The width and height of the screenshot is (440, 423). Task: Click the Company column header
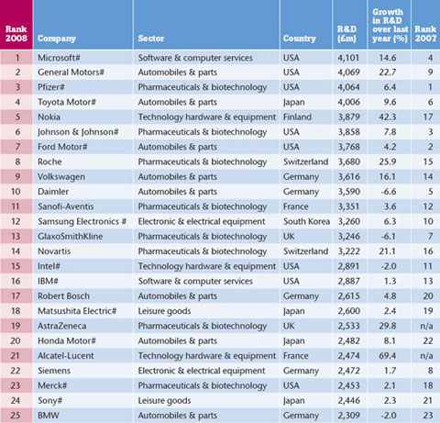(x=57, y=39)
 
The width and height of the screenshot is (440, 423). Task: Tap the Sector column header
(x=151, y=39)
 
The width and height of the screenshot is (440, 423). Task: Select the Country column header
(x=300, y=39)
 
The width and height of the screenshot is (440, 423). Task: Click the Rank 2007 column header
(x=425, y=34)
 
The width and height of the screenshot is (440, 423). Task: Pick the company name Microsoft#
(x=59, y=58)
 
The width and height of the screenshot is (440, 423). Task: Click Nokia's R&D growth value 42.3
(x=388, y=117)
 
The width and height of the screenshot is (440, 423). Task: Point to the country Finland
(x=297, y=117)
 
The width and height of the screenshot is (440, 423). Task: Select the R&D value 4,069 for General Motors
(x=348, y=72)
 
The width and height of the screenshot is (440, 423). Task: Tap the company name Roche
(x=49, y=161)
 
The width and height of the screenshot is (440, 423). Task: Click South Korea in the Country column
(x=306, y=221)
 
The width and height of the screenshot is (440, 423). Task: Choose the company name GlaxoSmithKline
(x=71, y=236)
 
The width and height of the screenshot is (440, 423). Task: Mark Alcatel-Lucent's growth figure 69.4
(x=388, y=356)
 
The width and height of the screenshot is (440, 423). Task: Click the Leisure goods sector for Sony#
(x=164, y=400)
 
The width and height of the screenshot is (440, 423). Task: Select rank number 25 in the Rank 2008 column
(x=16, y=415)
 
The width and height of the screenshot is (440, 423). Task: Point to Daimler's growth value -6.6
(x=389, y=192)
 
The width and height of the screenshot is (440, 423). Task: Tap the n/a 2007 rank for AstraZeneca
(x=426, y=326)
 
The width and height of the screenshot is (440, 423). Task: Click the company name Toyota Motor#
(x=67, y=102)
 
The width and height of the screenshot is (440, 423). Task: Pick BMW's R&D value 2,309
(x=348, y=415)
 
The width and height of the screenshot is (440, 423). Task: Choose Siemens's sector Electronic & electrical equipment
(x=202, y=371)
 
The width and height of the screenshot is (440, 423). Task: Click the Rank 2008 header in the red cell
(x=16, y=34)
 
